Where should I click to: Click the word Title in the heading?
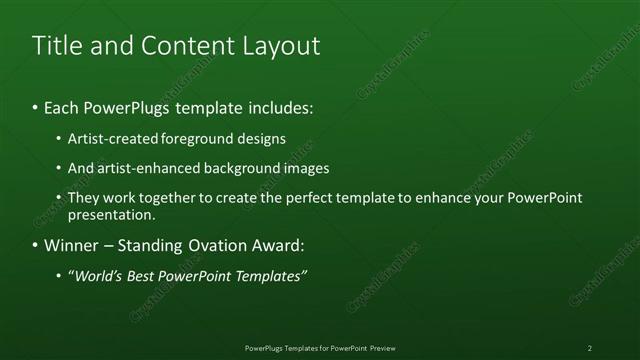[x=56, y=46]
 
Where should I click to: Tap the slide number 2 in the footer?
[x=590, y=347]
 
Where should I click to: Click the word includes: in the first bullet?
[x=283, y=107]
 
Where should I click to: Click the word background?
[x=239, y=169]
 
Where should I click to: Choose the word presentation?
[x=112, y=215]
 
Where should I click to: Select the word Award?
[x=275, y=245]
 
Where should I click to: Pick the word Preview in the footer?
[x=382, y=347]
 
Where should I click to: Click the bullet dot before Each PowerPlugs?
[x=35, y=107]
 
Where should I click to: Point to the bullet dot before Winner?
[x=35, y=245]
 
